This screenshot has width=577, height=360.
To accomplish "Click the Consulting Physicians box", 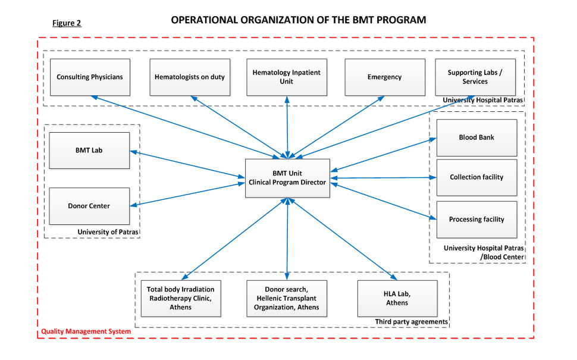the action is [x=90, y=77].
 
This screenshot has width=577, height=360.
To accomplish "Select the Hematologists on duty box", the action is [x=190, y=77].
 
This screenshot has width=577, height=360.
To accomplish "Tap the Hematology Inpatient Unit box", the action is [x=287, y=77].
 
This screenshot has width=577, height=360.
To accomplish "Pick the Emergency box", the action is [x=385, y=77].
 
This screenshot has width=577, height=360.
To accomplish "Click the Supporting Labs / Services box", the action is [x=475, y=77].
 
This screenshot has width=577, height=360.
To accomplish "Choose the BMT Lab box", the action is [x=89, y=151].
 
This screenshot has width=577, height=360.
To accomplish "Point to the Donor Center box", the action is [x=89, y=206].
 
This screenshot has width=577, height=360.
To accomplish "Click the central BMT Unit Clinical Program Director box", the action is [x=287, y=178].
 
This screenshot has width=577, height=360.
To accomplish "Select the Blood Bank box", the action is [x=477, y=137].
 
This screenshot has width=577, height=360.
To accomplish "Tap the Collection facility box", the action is [x=477, y=177].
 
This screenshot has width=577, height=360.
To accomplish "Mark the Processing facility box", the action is [x=477, y=220].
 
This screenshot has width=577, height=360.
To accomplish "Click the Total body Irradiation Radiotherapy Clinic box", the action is [x=181, y=299].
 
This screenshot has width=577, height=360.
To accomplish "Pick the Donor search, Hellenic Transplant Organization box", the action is [x=287, y=299].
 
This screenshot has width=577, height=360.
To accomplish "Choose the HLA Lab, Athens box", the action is [x=397, y=299].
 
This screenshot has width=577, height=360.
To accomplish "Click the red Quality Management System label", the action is [x=86, y=331].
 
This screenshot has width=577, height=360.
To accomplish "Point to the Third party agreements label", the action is [x=412, y=322].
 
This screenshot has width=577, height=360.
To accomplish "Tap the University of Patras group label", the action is [x=108, y=232].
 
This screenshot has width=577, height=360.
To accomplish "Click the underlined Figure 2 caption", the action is [x=67, y=23].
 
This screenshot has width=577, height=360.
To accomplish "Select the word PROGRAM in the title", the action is [x=401, y=20].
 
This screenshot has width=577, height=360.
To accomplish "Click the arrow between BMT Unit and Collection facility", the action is [x=383, y=178].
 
